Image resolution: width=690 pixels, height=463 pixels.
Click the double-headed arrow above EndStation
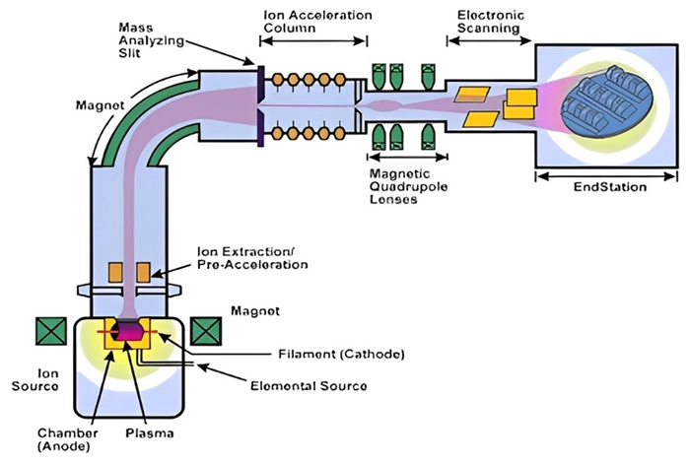604,174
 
